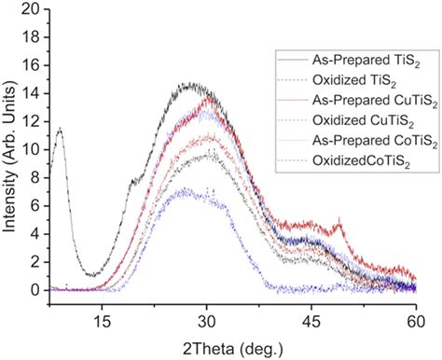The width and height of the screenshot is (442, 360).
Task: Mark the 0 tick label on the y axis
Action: (x=36, y=290)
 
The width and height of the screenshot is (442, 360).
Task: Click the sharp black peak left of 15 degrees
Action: (x=61, y=129)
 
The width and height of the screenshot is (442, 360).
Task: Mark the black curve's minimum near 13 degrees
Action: (x=90, y=275)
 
